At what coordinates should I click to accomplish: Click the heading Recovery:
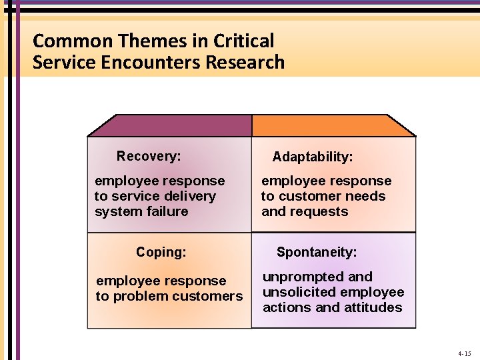coord(149,156)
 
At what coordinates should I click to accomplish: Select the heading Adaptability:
coord(313,157)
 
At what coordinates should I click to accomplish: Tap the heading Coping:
coord(161,252)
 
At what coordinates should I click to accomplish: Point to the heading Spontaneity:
coord(317,252)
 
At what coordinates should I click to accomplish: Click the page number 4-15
coord(465,353)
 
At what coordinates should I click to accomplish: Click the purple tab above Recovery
coord(170,125)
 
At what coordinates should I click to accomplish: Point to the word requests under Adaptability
coord(323,211)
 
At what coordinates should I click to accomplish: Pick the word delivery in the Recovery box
coord(192,196)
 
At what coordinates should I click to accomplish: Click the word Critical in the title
coord(243,41)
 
